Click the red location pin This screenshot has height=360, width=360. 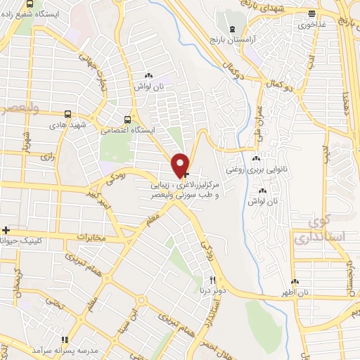point(180,165)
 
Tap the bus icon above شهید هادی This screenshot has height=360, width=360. point(67,113)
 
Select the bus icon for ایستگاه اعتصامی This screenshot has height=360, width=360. point(127,119)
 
